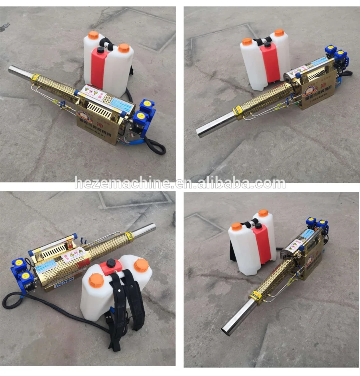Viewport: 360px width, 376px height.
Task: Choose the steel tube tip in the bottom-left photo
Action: point(152,226)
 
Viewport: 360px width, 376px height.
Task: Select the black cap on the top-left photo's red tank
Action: point(100,50)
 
